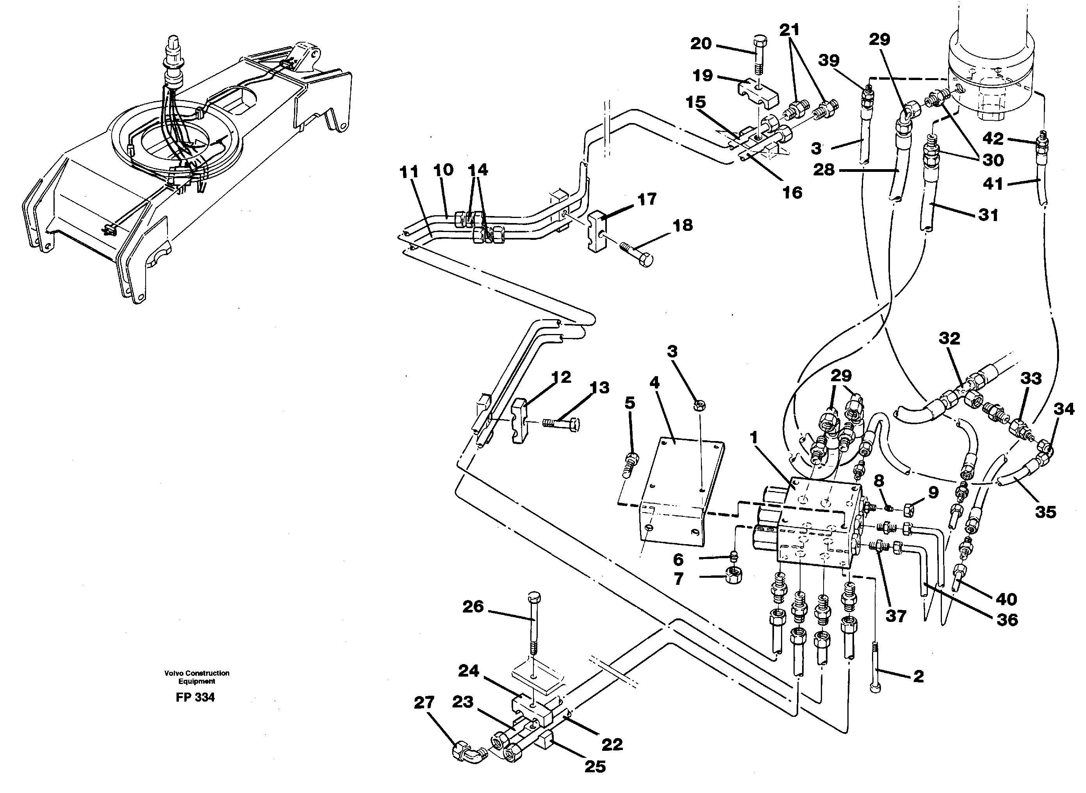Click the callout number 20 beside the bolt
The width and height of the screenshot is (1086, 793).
click(x=701, y=44)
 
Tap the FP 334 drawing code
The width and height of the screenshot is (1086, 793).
click(x=195, y=697)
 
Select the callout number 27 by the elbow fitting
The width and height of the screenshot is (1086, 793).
click(x=424, y=703)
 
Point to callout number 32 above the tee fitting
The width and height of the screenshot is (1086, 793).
click(x=949, y=338)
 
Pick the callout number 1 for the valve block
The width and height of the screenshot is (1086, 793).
click(x=753, y=437)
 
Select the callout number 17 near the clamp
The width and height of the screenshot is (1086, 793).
click(x=646, y=199)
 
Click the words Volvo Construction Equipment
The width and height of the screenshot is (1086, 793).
click(x=197, y=677)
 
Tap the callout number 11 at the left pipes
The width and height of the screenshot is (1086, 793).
click(x=409, y=171)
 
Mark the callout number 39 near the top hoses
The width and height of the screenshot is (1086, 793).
click(x=829, y=61)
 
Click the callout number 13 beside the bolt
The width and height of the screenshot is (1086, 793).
click(x=599, y=388)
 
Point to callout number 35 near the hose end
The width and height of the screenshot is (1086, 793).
click(x=1045, y=512)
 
